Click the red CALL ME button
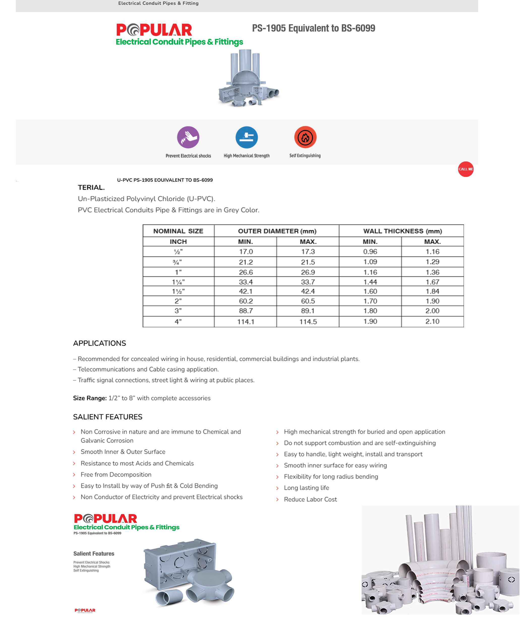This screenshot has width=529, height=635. (465, 169)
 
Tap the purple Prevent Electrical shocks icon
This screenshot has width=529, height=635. (188, 137)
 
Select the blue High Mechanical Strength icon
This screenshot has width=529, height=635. (246, 137)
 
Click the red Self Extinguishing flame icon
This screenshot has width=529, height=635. (305, 137)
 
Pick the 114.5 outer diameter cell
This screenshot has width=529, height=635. (308, 322)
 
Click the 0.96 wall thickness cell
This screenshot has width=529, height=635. (370, 251)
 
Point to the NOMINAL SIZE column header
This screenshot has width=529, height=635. (178, 231)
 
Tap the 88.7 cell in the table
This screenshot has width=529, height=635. (245, 311)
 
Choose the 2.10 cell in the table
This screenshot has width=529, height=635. (432, 322)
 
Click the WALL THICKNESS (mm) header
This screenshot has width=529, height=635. (402, 231)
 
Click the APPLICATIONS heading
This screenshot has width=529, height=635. (100, 343)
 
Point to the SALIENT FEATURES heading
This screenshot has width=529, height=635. (108, 417)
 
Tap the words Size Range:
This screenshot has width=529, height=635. (90, 398)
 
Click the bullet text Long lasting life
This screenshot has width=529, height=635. (306, 488)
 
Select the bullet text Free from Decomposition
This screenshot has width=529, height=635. (116, 475)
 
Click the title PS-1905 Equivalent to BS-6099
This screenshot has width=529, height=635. (313, 28)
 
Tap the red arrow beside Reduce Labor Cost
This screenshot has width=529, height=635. (277, 499)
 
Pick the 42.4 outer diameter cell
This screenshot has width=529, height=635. (308, 292)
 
